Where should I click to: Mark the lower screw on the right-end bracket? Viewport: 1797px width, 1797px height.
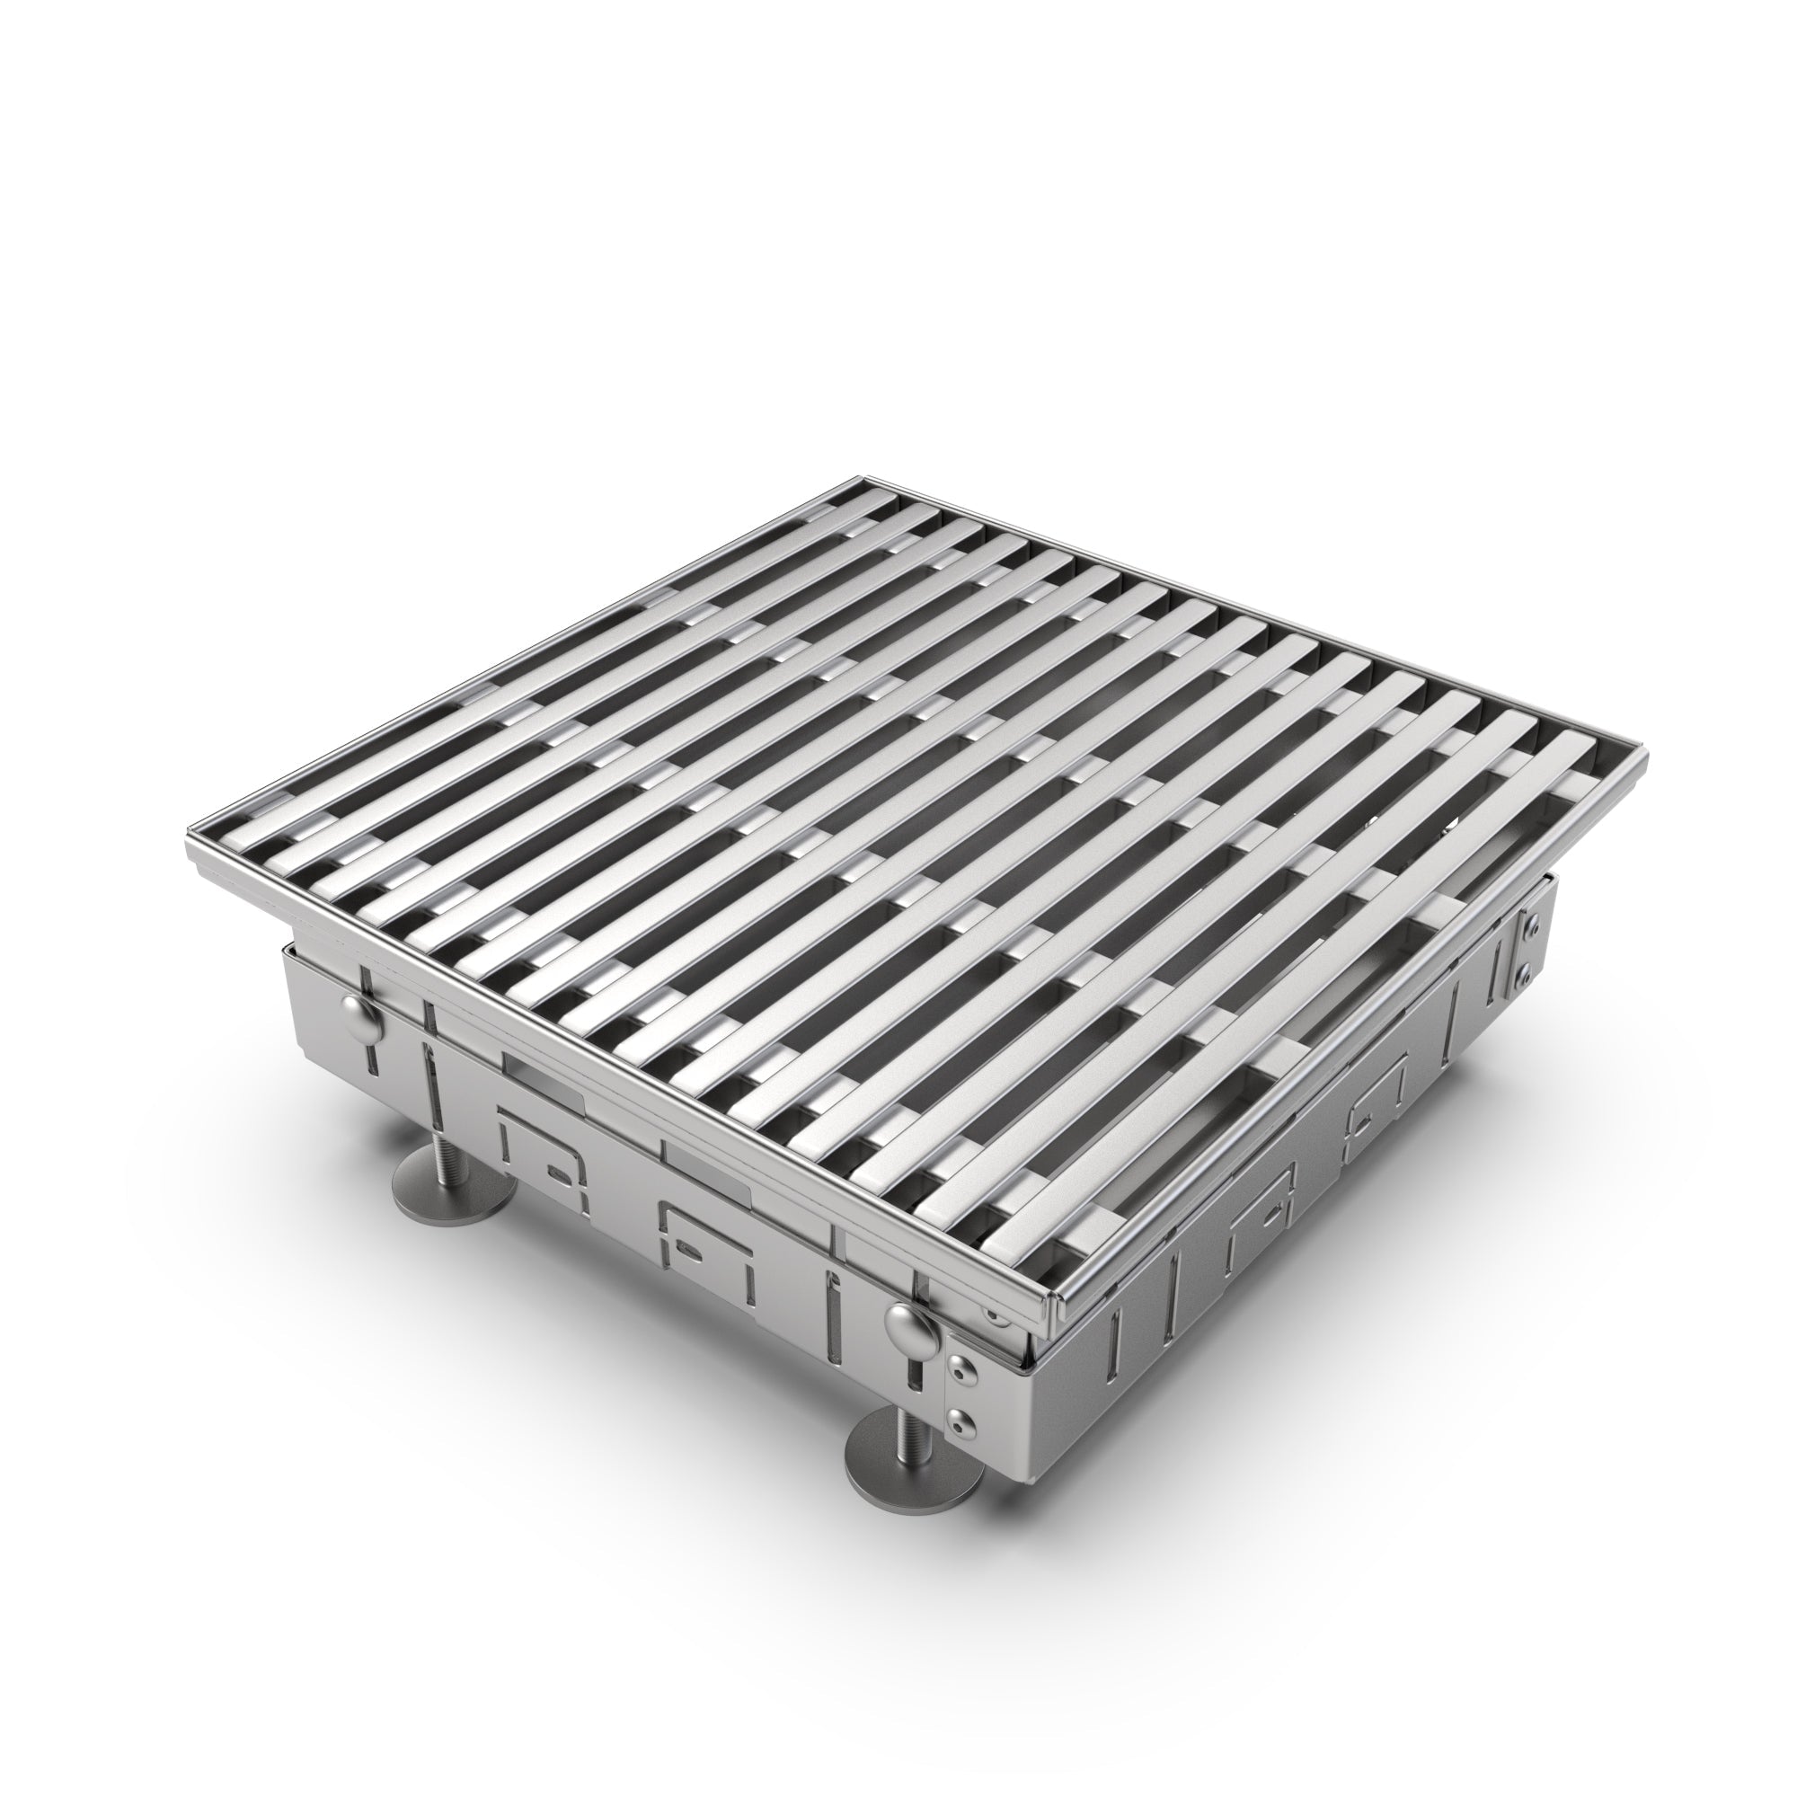(1527, 974)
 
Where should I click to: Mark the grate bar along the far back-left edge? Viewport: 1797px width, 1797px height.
(521, 669)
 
